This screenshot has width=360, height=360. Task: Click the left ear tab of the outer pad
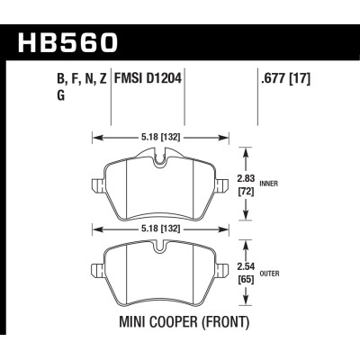point(97,269)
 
